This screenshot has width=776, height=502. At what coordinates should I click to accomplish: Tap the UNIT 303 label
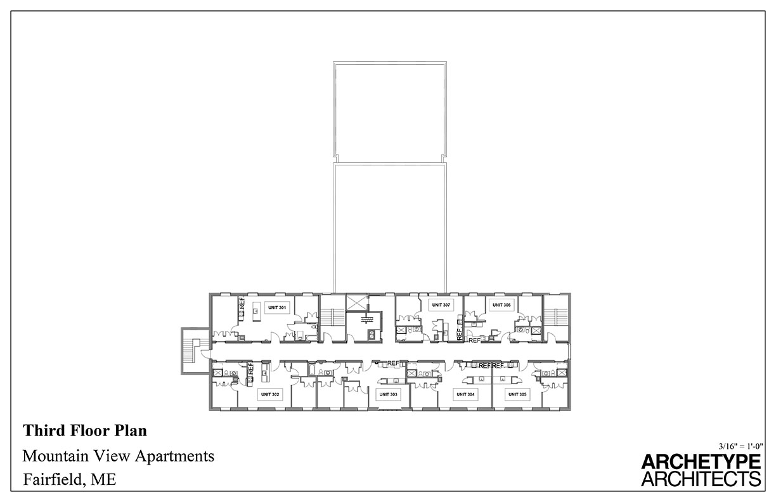(387, 394)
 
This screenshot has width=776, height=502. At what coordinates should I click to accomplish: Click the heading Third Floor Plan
(85, 431)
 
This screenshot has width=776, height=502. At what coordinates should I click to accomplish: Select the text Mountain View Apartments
(119, 456)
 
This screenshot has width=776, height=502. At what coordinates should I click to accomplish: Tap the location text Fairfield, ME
(70, 479)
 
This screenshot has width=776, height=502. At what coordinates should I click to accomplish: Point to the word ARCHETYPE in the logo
(701, 461)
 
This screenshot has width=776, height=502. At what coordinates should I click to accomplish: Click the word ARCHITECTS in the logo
(701, 478)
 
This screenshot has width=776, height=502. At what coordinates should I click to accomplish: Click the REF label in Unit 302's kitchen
(250, 368)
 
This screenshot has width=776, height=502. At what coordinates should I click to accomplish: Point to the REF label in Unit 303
(394, 363)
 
